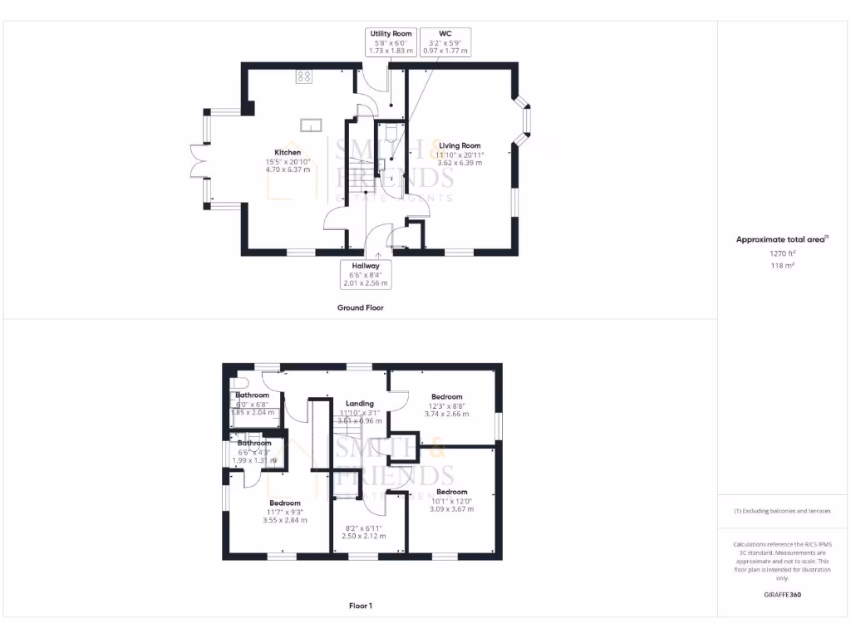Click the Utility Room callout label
click(x=391, y=42)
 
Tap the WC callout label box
click(x=445, y=42)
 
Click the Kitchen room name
click(x=288, y=153)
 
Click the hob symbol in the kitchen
click(x=303, y=77)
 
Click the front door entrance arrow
click(x=378, y=256)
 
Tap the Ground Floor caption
click(x=360, y=307)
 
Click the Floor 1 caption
click(x=360, y=606)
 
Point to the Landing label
click(x=360, y=404)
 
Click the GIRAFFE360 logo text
click(x=781, y=595)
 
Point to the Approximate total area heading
click(x=781, y=239)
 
